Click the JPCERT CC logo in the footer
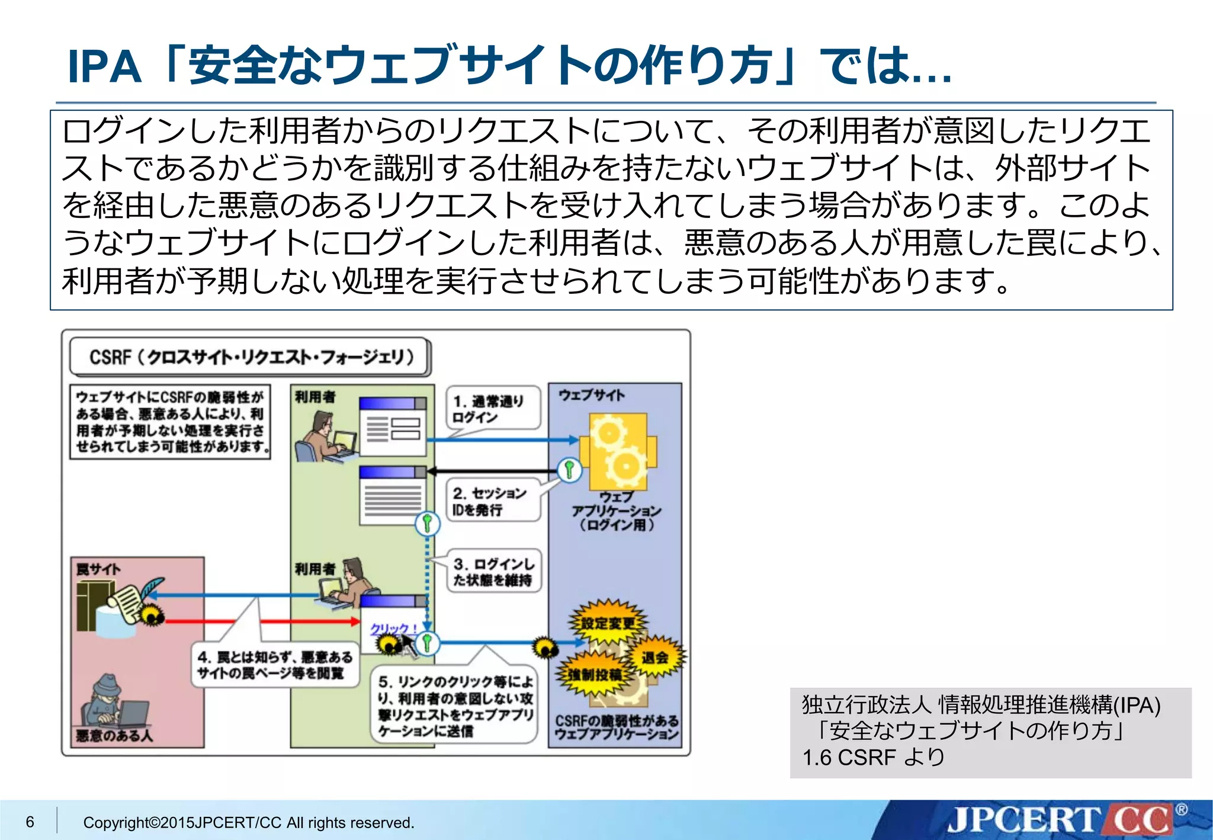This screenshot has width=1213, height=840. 1060,820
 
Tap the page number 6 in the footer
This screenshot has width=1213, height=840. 30,822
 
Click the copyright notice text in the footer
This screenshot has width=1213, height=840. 249,822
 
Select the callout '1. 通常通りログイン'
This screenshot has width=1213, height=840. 492,408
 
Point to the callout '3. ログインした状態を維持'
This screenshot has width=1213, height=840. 494,571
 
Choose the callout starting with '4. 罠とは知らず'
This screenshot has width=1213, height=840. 275,665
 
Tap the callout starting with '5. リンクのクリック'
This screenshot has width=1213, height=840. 455,706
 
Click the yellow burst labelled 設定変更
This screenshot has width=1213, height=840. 607,623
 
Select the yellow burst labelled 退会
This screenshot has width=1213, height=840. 655,656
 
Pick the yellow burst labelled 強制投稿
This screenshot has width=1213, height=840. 595,674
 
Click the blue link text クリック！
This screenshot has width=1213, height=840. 393,628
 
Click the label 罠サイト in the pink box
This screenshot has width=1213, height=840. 98,569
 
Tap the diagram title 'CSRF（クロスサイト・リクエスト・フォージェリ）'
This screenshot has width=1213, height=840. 251,357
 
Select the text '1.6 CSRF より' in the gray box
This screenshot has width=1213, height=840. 873,757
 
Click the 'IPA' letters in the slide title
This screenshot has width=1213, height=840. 104,66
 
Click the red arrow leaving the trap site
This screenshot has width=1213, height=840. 261,621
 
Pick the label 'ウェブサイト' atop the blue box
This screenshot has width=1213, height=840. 591,395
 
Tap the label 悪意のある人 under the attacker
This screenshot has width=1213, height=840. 114,736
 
